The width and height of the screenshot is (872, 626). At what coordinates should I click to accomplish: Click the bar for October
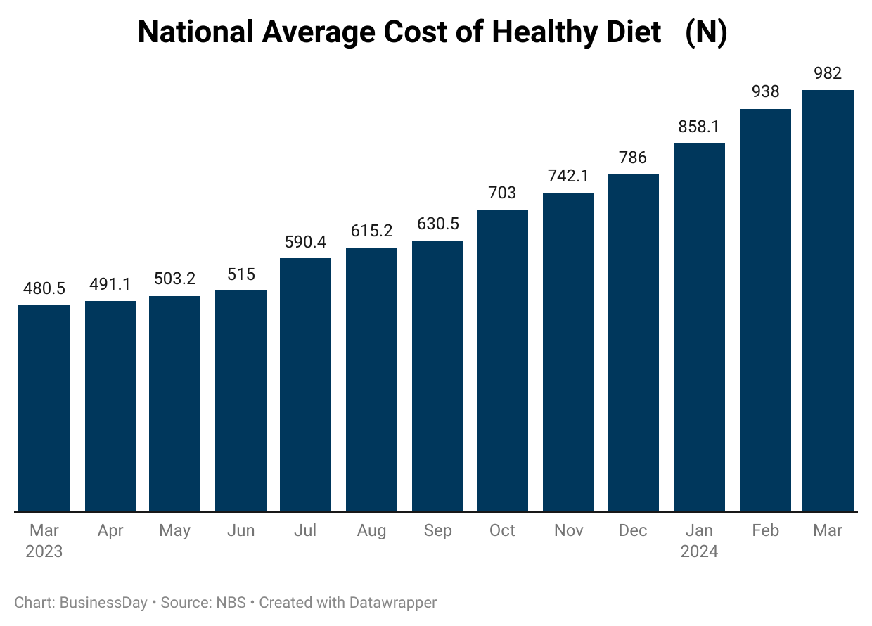502,360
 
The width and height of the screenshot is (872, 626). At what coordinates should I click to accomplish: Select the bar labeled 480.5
44,408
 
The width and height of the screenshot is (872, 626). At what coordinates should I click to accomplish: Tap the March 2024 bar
828,300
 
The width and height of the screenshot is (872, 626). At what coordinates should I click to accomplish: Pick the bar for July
305,385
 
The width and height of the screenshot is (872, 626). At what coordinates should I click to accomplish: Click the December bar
633,343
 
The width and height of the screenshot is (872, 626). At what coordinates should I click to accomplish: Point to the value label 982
828,73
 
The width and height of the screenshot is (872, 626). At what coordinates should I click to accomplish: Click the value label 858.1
699,127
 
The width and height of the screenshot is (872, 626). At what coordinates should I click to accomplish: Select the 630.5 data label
437,224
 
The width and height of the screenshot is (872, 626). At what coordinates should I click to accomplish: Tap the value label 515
241,274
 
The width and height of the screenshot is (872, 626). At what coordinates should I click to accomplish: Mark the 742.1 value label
568,177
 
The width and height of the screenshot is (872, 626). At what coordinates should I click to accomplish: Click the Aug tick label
371,531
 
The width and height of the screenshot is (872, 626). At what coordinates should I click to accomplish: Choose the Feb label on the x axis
765,531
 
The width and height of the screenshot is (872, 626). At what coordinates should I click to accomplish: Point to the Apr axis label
110,531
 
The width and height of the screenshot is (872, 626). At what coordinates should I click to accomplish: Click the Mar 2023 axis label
44,541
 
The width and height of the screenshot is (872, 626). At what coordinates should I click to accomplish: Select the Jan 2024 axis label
699,541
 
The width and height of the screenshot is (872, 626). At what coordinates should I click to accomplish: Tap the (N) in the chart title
705,32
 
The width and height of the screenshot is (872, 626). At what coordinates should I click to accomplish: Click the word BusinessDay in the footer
103,603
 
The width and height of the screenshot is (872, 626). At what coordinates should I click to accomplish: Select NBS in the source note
231,603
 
